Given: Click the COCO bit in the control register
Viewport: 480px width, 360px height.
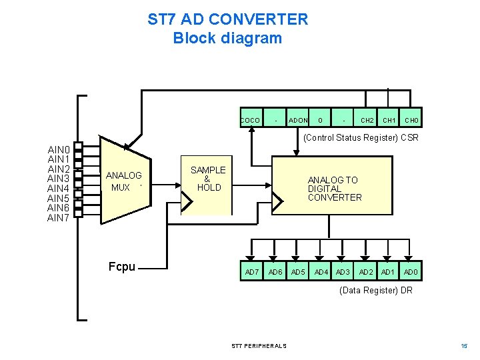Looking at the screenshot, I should [x=251, y=120].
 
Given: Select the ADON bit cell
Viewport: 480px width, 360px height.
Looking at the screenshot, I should [x=298, y=120].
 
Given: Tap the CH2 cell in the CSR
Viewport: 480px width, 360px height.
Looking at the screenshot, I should [x=367, y=120].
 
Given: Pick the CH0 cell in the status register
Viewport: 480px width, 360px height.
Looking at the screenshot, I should [x=411, y=120].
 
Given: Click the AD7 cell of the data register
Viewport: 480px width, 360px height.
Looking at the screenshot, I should [x=252, y=272].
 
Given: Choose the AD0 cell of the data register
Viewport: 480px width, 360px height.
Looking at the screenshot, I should [x=411, y=272].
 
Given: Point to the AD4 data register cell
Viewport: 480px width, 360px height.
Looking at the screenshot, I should [x=321, y=272].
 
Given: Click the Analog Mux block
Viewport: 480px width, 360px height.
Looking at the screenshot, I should [x=125, y=181].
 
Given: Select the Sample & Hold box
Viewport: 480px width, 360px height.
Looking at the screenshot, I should [x=208, y=179].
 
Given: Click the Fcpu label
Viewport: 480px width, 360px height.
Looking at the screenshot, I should [x=122, y=267].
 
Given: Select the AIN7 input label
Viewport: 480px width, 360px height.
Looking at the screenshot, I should [x=59, y=218].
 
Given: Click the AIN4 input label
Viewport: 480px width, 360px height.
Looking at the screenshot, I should [x=59, y=189].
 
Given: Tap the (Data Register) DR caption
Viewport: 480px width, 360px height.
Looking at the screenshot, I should [x=376, y=291].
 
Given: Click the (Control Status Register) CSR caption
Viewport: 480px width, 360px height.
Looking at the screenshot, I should [x=361, y=138].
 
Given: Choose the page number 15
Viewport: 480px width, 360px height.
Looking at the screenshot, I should [x=464, y=346].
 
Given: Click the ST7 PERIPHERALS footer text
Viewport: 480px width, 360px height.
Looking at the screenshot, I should [x=259, y=346].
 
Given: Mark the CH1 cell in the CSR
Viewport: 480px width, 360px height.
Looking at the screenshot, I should [x=389, y=120].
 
